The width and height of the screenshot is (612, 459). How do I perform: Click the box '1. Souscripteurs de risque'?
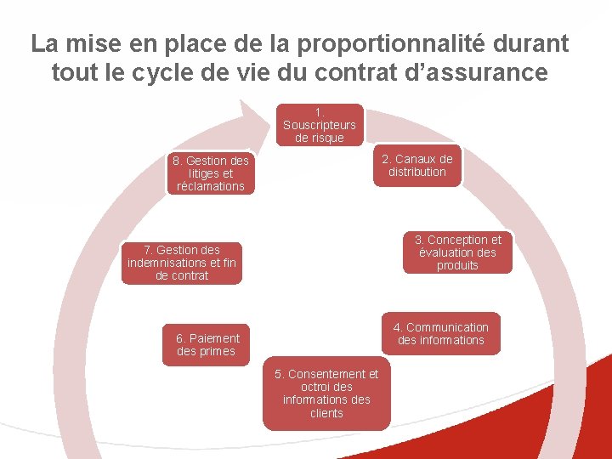319,125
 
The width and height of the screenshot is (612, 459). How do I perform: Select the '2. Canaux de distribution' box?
417,166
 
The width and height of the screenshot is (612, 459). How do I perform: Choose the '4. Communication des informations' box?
440,333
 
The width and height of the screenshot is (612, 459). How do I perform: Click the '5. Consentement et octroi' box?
326,394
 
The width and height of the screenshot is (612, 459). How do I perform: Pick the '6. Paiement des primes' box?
207,345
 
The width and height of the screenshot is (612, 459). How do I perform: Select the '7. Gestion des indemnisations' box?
182,263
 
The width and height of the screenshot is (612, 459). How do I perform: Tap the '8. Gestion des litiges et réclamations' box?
211,173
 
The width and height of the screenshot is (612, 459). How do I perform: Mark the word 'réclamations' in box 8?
211,186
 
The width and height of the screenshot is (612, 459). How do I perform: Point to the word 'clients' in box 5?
326,413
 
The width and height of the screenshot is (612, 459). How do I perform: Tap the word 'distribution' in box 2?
417,172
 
